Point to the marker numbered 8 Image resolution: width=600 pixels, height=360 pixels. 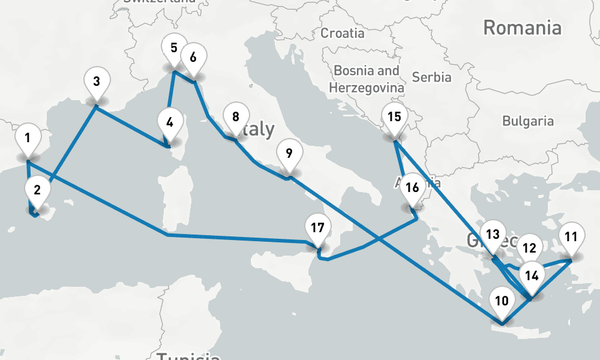pyautogui.click(x=193, y=58)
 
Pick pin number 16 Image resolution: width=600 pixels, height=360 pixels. pyautogui.click(x=412, y=188)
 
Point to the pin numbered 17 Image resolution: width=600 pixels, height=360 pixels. pyautogui.click(x=318, y=229)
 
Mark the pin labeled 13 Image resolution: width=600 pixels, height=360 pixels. pyautogui.click(x=493, y=235)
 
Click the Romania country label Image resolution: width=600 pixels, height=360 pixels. pyautogui.click(x=522, y=28)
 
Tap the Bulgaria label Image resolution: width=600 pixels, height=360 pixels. pyautogui.click(x=528, y=121)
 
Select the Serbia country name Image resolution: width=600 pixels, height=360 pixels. pyautogui.click(x=432, y=77)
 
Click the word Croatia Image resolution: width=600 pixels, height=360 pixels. pyautogui.click(x=342, y=33)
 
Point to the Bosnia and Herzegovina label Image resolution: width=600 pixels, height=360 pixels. pyautogui.click(x=366, y=79)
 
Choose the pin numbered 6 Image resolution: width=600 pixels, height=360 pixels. pyautogui.click(x=193, y=58)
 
